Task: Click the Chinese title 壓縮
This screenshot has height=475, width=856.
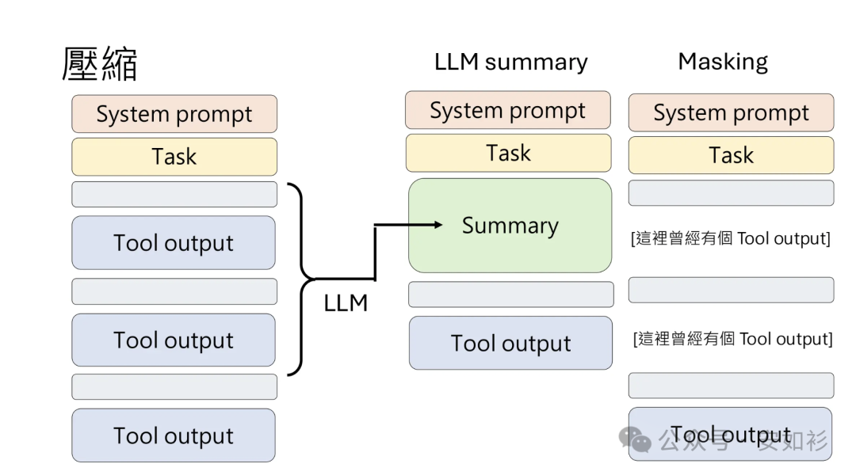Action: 100,64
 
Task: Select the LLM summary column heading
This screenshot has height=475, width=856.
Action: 510,63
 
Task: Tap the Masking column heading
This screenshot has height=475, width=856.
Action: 722,62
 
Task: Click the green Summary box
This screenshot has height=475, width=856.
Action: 510,226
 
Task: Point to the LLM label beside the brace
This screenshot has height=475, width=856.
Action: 346,302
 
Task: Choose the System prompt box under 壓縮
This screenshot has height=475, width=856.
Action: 174,114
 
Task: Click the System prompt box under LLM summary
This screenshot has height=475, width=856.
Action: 508,110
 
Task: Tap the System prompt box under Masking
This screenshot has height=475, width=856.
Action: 731,112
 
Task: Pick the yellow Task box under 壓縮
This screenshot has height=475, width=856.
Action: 174,156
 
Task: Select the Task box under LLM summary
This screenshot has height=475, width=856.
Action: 508,153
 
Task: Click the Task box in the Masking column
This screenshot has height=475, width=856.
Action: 731,155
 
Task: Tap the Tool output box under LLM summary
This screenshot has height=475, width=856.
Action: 510,343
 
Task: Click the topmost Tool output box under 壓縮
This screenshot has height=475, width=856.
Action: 174,243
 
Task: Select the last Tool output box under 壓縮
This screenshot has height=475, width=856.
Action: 174,435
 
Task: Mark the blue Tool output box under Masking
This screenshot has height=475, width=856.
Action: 730,434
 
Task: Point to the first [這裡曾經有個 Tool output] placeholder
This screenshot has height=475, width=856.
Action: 730,238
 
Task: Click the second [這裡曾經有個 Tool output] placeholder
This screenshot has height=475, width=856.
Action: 732,339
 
